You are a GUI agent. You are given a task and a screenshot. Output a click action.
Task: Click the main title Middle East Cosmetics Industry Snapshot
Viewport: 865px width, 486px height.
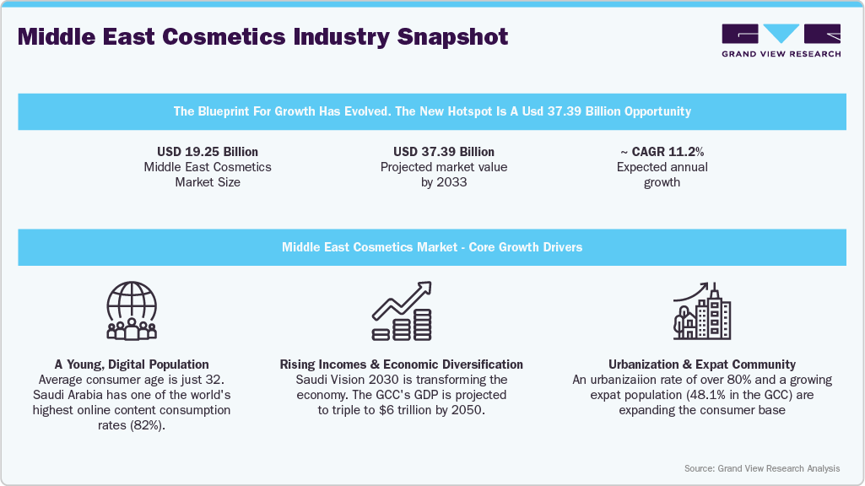[x=263, y=37]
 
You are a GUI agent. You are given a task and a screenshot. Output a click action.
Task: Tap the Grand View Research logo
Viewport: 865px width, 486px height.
[x=781, y=40]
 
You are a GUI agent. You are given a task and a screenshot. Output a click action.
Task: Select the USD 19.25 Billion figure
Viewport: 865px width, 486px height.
[x=208, y=152]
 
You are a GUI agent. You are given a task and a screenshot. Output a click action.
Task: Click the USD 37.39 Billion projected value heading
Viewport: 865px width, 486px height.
[x=444, y=152]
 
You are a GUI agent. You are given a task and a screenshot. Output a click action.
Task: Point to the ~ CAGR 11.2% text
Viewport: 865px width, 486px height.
[x=662, y=152]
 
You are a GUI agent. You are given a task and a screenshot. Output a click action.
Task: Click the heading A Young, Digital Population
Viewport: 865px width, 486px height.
[x=132, y=364]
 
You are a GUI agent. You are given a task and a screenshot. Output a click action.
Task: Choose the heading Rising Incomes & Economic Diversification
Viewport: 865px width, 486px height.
[x=402, y=364]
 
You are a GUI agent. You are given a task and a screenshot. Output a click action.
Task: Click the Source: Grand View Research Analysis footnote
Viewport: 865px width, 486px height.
[x=762, y=468]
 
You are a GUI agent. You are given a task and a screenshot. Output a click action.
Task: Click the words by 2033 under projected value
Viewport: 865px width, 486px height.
[x=444, y=182]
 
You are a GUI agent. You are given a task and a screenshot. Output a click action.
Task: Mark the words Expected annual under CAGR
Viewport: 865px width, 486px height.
[x=662, y=167]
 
